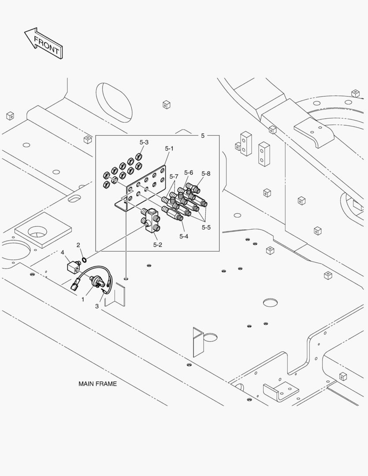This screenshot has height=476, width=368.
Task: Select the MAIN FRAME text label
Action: [97, 383]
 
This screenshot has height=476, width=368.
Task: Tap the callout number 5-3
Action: [144, 142]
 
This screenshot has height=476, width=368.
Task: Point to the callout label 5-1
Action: [169, 149]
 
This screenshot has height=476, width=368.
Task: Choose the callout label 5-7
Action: [175, 177]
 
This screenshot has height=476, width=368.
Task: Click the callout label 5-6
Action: [189, 172]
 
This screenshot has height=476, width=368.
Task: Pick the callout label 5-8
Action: [206, 174]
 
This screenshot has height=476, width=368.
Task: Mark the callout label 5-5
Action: [206, 227]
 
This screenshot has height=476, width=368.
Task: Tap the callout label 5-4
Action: [184, 236]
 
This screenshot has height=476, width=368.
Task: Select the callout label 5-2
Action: [158, 244]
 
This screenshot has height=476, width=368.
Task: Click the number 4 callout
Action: [63, 252]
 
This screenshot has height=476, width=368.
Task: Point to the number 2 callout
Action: [78, 245]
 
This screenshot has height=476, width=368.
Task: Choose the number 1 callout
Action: [82, 299]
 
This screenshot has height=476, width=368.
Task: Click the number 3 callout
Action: [97, 306]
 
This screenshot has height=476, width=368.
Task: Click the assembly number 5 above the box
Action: [203, 135]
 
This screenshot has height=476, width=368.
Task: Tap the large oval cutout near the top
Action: [113, 101]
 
